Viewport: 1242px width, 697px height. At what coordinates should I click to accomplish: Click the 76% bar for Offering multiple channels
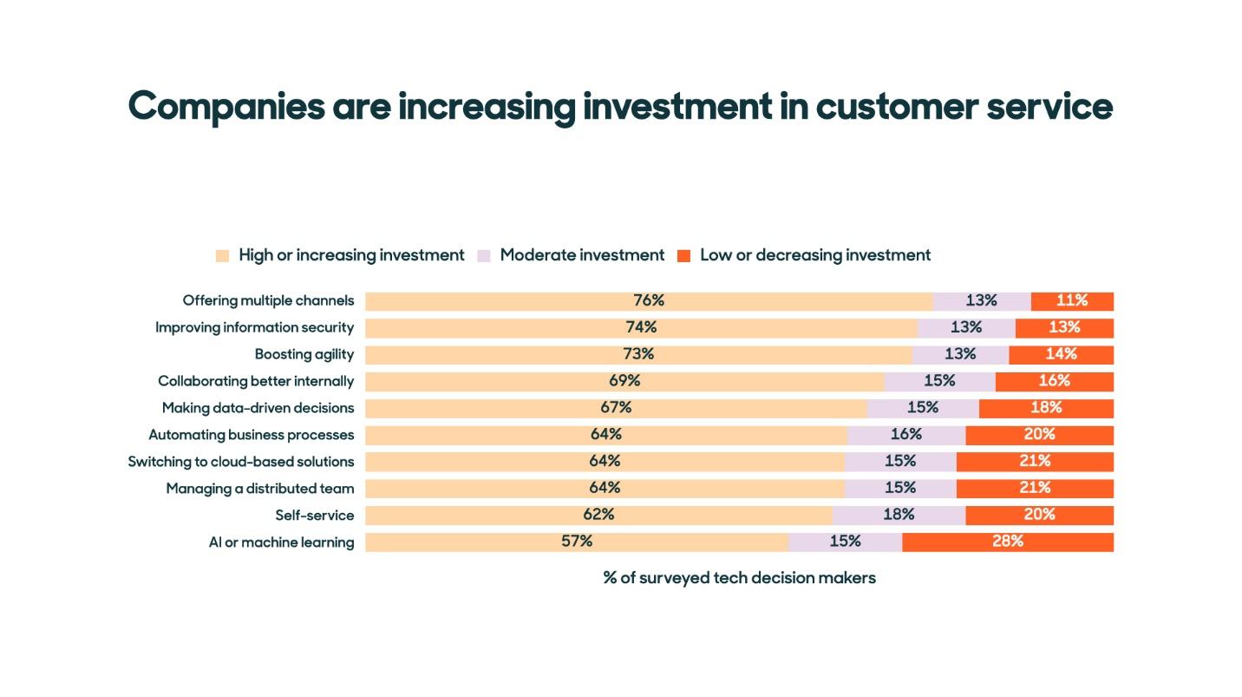coord(648,301)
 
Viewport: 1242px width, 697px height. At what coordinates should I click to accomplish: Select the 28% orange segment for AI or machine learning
coord(1007,542)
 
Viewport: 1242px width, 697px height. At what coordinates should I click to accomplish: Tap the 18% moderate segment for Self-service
coord(899,515)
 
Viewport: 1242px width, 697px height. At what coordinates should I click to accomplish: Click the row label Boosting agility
coord(304,354)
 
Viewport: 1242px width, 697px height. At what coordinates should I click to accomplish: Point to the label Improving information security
coord(254,327)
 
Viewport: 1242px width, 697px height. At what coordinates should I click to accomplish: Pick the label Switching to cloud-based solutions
coord(240,462)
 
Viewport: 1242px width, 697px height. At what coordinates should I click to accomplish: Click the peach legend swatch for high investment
coord(222,256)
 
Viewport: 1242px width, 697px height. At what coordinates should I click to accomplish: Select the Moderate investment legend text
coord(582,255)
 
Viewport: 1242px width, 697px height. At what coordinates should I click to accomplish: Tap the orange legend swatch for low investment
coord(683,256)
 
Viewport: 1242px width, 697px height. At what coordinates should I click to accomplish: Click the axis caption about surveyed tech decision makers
coord(739,578)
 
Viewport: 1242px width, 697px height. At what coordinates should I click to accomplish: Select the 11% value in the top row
coord(1071,301)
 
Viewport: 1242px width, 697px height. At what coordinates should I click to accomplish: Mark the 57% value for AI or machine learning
coord(577,542)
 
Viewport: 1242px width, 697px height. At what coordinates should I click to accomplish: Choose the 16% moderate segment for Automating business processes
coord(905,434)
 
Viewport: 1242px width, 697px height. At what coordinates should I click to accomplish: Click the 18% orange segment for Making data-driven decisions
coord(1045,408)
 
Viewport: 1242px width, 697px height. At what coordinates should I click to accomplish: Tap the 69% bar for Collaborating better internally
coord(624,381)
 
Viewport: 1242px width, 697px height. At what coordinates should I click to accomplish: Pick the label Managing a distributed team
coord(260,489)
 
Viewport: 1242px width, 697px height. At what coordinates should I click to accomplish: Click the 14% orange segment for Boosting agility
coord(1061,354)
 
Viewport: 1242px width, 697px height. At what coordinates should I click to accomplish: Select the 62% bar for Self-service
coord(598,515)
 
